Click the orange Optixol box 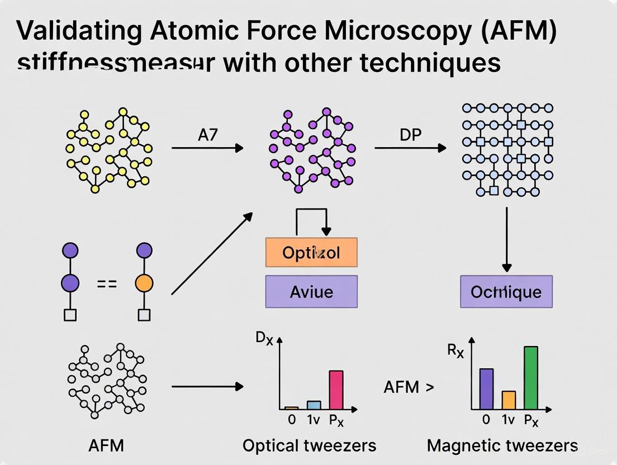pos(311,253)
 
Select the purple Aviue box pos(311,292)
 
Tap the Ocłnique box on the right pos(506,292)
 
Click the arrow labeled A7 pos(207,148)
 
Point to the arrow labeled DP pos(410,148)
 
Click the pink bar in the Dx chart pos(336,390)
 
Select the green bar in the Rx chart pos(530,378)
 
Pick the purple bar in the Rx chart pos(487,389)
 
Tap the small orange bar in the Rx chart pos(509,400)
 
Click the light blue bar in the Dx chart pos(314,405)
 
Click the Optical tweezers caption pos(309,445)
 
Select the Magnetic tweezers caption pos(502,445)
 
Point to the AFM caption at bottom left pos(106,445)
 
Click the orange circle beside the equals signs pos(144,283)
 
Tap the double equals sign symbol pos(107,284)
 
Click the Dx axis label pos(264,338)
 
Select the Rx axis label pos(455,351)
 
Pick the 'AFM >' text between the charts pos(409,387)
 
